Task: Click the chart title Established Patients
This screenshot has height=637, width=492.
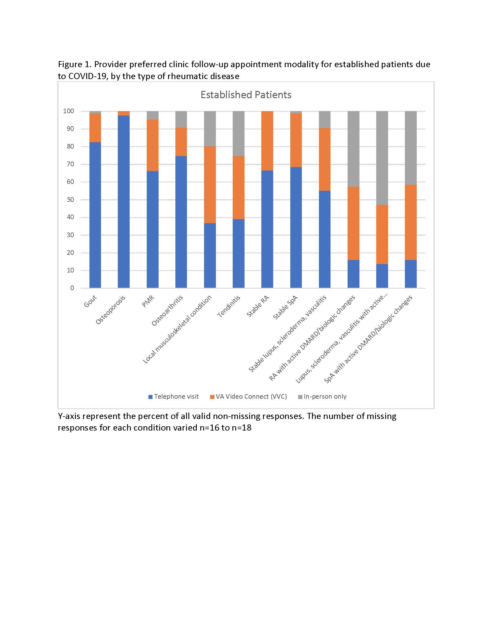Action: coord(246,95)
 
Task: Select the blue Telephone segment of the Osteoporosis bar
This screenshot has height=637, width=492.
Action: coord(124,201)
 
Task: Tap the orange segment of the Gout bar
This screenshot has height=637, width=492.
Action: coord(95,127)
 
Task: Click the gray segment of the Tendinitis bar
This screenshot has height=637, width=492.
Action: coord(238,133)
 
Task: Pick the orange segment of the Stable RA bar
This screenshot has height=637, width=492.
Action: coord(267,141)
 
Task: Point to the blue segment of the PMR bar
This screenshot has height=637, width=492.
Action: coord(153,229)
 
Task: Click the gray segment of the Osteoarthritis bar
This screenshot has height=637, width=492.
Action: coord(181,119)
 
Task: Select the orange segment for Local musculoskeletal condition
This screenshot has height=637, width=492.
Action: coord(210,184)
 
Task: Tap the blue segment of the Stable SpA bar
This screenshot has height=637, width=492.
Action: coord(296,227)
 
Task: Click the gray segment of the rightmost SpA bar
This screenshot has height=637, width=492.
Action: coord(411,148)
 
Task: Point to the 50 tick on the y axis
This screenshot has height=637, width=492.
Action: coord(70,200)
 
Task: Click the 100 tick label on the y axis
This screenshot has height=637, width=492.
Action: coord(69,111)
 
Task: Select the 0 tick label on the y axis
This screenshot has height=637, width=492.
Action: coord(72,288)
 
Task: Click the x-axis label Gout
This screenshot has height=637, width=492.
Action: coord(90,302)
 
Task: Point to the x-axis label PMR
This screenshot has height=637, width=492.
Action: coord(148,301)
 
